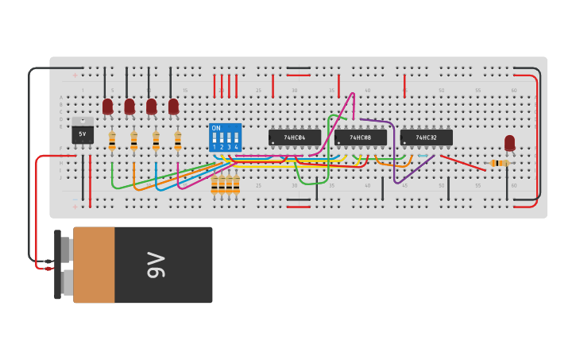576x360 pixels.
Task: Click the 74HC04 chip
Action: tap(294, 137)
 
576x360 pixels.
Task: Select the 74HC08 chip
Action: tap(360, 137)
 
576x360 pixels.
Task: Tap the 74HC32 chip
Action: tap(426, 137)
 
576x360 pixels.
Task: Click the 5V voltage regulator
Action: tap(83, 132)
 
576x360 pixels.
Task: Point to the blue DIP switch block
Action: tap(225, 137)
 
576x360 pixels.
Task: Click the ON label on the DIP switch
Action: tap(216, 128)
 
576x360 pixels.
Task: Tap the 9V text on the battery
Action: tap(156, 265)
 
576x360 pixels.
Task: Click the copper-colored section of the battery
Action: tap(94, 265)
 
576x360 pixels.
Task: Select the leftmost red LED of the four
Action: tap(107, 106)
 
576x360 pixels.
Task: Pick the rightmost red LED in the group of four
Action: tap(173, 106)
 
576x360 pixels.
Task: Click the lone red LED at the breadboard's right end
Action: tap(509, 143)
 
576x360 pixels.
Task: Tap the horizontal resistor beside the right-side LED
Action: tap(499, 163)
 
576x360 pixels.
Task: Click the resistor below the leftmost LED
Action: tap(112, 141)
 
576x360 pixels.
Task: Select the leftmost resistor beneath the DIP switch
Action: tap(215, 184)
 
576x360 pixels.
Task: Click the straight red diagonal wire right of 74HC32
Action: tap(462, 162)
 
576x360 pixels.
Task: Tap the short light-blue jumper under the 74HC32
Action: tap(423, 156)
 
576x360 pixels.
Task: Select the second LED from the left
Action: tap(130, 106)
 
